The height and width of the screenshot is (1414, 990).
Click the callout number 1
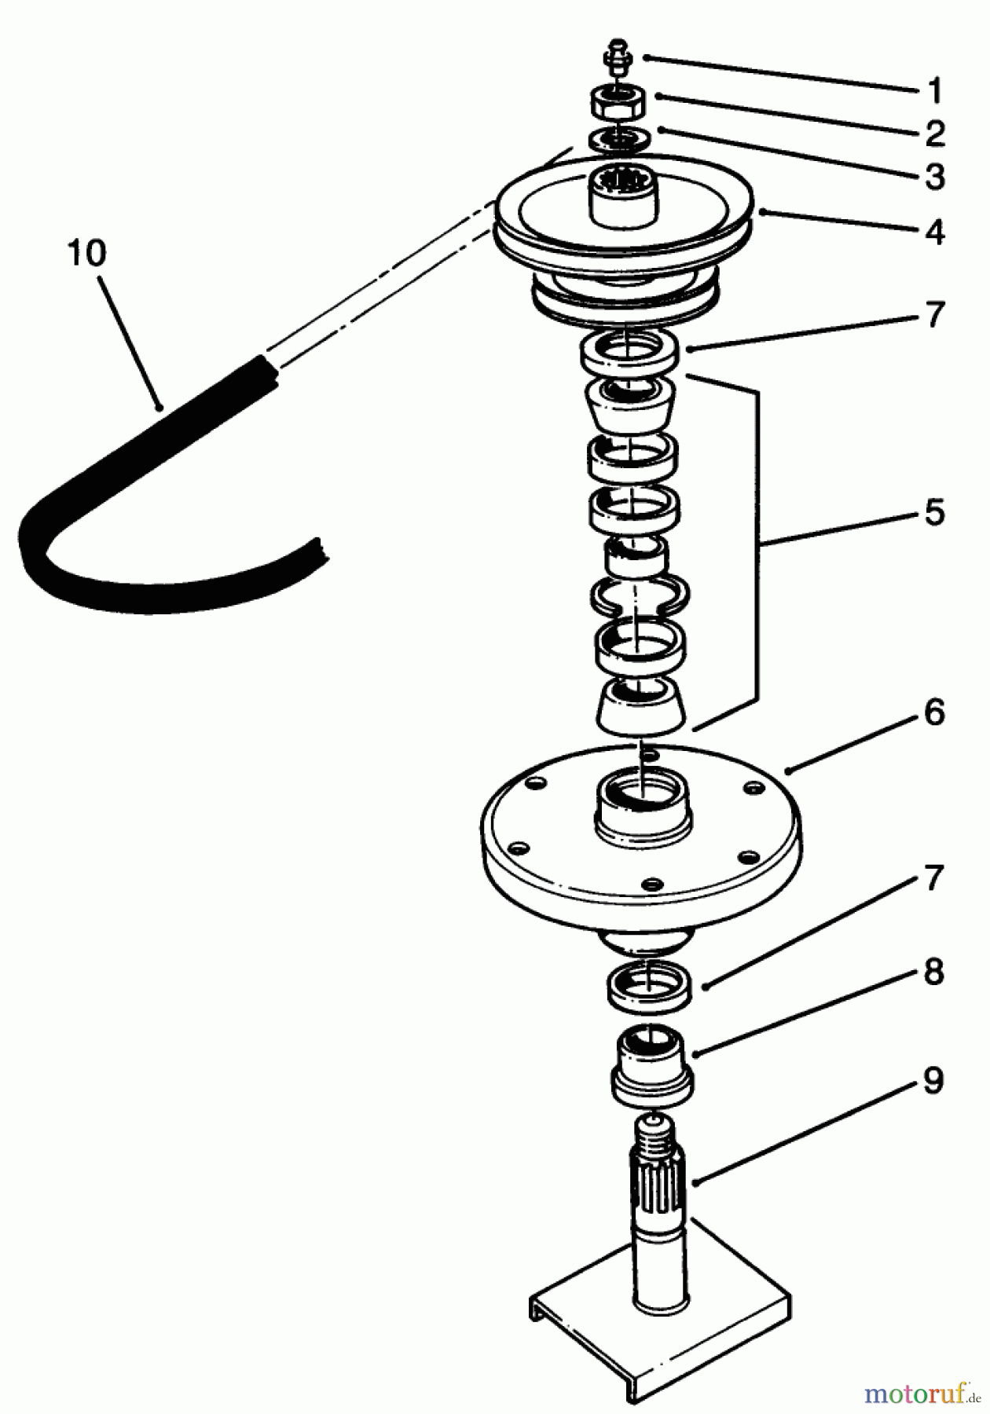coord(933,91)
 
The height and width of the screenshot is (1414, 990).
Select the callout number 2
coord(933,134)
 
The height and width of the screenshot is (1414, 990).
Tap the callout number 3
coord(933,178)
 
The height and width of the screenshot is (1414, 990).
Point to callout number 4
coord(933,233)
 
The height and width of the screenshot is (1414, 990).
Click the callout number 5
coord(933,512)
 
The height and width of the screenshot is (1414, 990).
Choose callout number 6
coord(933,712)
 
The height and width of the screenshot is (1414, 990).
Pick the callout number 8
coord(933,973)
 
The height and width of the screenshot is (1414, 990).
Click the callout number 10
coord(86,254)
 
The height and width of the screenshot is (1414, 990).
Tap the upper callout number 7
coord(933,315)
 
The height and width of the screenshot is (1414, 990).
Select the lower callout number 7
coord(933,878)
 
